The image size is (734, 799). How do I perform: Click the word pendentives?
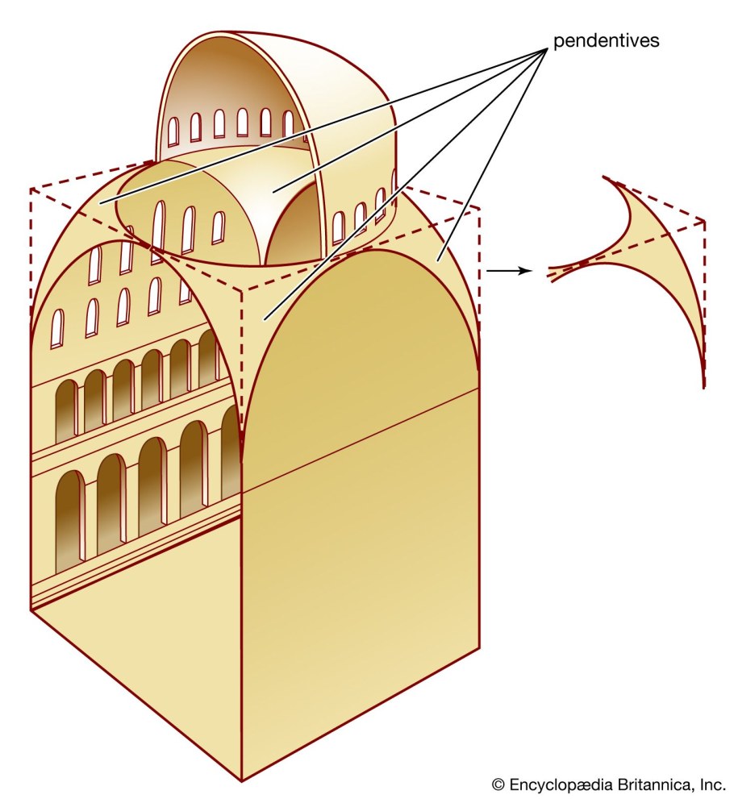606,40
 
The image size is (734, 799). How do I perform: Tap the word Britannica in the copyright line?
648,783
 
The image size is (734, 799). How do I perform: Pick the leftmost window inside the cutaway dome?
173,131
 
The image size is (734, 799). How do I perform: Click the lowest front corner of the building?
241,780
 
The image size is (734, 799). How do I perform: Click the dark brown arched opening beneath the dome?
294,224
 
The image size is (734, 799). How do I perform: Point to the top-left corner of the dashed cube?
31,189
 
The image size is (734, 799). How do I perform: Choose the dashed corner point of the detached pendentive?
704,221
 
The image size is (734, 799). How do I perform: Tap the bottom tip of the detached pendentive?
704,387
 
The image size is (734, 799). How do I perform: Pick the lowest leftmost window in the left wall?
58,329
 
